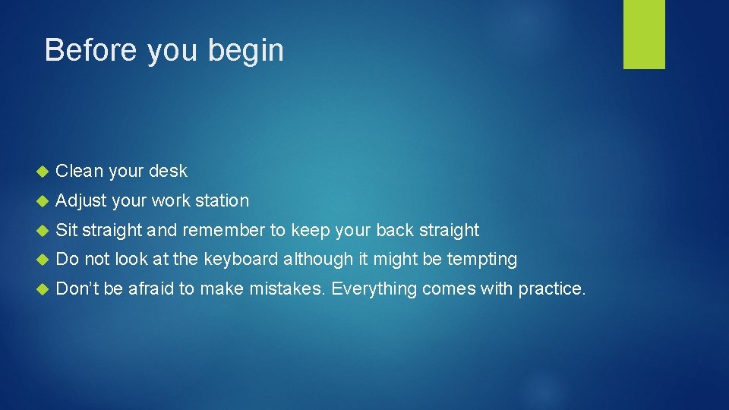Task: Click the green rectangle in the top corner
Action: [x=644, y=34]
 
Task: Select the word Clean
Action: [x=80, y=171]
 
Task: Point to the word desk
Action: [x=168, y=171]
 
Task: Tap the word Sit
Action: [x=67, y=230]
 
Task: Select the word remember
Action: [x=224, y=230]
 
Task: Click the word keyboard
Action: [x=241, y=260]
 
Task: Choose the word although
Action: [x=318, y=260]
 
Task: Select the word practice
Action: [x=551, y=289]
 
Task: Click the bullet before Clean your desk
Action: [x=42, y=172]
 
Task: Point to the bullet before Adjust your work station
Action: [x=42, y=201]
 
